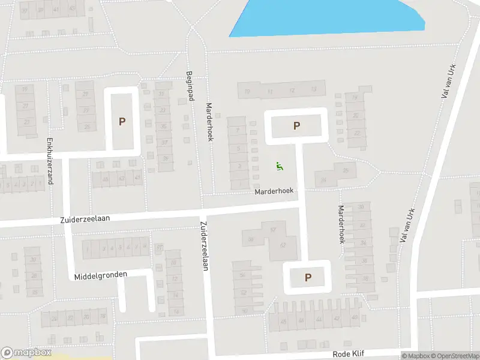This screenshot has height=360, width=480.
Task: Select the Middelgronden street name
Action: coord(101,275)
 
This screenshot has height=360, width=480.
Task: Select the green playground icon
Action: coord(279,166)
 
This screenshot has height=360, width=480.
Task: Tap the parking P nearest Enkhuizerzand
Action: coord(122,121)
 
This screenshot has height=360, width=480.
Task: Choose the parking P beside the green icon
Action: coord(296,126)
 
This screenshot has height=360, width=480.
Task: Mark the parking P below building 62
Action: coord(308,277)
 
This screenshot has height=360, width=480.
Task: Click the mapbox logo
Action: coord(27,353)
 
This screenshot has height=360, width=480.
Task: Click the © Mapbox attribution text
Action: coord(416,356)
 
